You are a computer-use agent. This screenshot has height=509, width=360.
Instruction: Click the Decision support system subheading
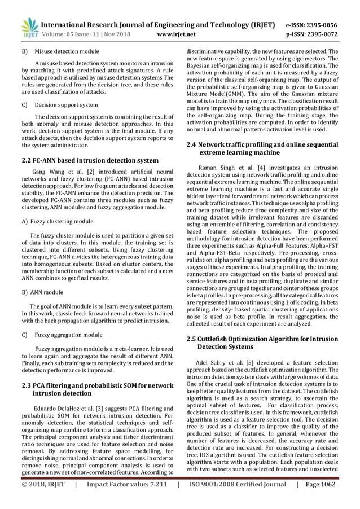(x=65, y=105)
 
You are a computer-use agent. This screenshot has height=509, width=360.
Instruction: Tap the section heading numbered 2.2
(x=90, y=160)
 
